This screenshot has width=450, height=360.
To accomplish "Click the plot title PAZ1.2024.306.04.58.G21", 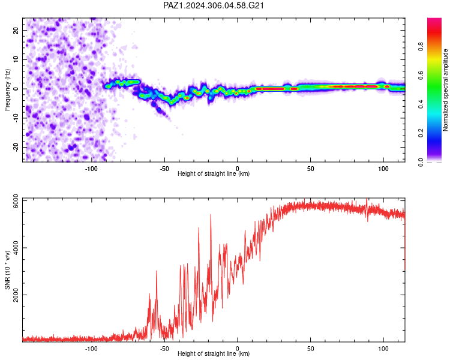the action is [x=213, y=5].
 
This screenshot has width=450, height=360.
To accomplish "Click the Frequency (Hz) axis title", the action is [x=7, y=90].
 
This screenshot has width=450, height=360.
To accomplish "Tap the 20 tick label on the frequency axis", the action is [x=16, y=30].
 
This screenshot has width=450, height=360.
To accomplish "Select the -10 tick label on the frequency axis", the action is [x=16, y=118].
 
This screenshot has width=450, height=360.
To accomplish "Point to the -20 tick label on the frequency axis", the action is [x=16, y=147].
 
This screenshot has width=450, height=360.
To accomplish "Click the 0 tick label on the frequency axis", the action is [x=16, y=89].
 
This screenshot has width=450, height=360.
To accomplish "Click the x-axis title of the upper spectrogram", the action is [x=214, y=173].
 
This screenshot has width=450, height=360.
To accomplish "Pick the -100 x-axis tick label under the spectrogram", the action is [x=91, y=169].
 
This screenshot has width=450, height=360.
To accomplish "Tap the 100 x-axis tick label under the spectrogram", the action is [x=383, y=169].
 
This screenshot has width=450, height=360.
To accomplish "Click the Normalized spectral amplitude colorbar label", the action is [x=445, y=90].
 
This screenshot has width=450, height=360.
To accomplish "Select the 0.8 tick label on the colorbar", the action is [x=421, y=47].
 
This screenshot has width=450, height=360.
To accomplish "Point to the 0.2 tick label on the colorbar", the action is [x=421, y=133].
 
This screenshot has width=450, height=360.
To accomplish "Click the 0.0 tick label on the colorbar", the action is [x=421, y=162].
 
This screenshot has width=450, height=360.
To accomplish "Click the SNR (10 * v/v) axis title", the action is [x=7, y=270].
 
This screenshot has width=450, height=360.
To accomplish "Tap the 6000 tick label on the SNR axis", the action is [x=16, y=201].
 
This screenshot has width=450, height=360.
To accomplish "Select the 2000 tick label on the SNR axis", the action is [x=16, y=295].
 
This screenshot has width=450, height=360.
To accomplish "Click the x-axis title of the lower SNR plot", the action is [x=214, y=353].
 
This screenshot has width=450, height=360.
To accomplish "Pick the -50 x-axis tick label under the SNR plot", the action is [x=164, y=349].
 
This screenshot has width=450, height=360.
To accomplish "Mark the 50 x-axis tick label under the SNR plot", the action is [x=311, y=349].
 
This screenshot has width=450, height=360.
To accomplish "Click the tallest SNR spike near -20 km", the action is [x=211, y=215].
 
